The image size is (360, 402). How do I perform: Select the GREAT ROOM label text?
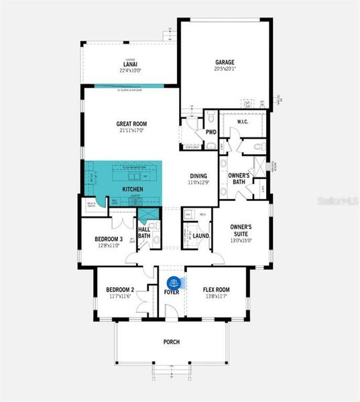pos(131,124)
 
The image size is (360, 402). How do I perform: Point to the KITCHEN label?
pos(133,190)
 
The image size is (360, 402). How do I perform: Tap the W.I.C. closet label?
pos(243,121)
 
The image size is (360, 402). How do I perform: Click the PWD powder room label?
pos(211,132)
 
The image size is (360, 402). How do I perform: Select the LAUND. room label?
pos(202,236)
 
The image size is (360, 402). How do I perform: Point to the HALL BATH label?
pos(143,232)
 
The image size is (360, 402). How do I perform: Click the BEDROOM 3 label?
pos(108,239)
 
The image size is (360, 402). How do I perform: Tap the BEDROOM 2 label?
pos(120,289)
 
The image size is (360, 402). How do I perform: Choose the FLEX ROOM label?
pos(217,289)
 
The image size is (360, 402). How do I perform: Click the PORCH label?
pos(172,342)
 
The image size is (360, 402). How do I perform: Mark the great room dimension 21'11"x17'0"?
pos(131,130)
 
